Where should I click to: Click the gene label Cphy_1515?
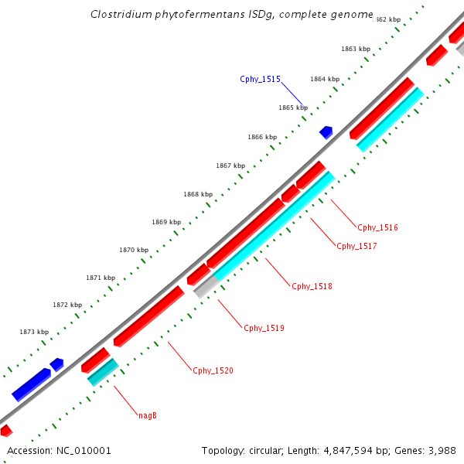(x=260, y=79)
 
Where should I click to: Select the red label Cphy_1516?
(x=377, y=227)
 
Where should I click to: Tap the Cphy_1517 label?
(x=357, y=246)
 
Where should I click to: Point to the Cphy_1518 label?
(x=312, y=286)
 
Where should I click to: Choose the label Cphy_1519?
(x=264, y=328)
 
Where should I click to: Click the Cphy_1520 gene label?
(x=213, y=371)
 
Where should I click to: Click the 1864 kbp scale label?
(x=325, y=79)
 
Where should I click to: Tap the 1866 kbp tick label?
(x=262, y=137)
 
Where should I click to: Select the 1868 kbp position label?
(x=198, y=194)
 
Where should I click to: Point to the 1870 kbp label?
(x=134, y=250)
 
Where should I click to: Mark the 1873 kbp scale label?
(x=34, y=332)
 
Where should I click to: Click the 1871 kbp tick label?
(x=101, y=278)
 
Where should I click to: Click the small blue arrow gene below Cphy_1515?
(x=326, y=132)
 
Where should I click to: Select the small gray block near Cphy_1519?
(x=206, y=288)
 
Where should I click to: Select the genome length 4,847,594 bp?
(x=341, y=450)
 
